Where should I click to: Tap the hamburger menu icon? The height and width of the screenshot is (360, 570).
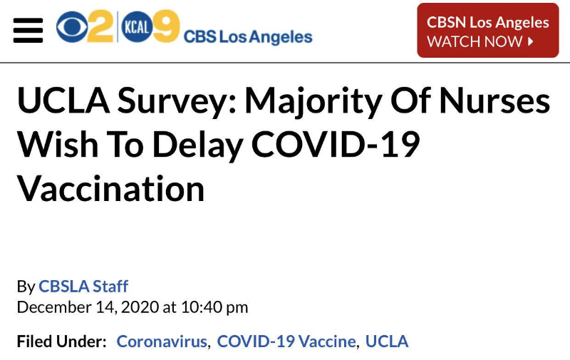(x=28, y=31)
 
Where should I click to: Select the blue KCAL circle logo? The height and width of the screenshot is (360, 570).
(x=135, y=28)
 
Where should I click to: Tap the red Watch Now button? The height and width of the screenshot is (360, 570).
(x=487, y=31)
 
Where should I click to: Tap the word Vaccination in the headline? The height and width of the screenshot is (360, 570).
(x=111, y=190)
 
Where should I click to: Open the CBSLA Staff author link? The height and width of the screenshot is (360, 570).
(x=83, y=287)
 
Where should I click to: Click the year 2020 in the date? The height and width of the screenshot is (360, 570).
(x=142, y=307)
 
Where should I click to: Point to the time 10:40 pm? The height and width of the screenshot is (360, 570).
(x=214, y=307)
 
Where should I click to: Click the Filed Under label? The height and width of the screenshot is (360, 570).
(x=61, y=341)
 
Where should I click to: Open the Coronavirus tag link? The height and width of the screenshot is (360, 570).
(x=162, y=341)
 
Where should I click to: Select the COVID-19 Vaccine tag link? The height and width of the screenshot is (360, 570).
(x=286, y=341)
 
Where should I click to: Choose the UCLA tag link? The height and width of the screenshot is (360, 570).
(x=387, y=341)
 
